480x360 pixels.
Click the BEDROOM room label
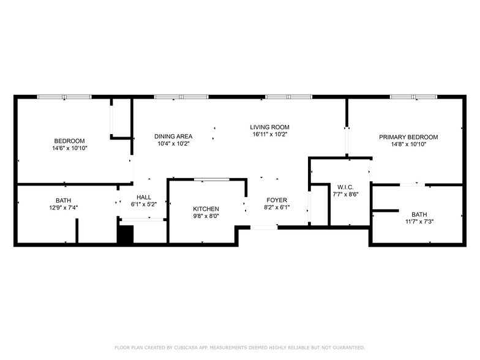[69, 141]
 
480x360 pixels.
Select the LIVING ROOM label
[269, 127]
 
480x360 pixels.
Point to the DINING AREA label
[173, 137]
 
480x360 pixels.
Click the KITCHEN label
[206, 209]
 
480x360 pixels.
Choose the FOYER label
[276, 200]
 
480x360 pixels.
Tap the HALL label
[144, 197]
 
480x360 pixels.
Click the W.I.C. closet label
[346, 187]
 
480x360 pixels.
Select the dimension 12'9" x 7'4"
[62, 208]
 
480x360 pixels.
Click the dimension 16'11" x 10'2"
[269, 134]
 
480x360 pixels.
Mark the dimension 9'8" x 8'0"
[206, 216]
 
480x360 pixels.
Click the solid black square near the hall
[125, 236]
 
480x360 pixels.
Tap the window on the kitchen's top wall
[212, 179]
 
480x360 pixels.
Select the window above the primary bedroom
[413, 97]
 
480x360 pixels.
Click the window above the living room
[288, 97]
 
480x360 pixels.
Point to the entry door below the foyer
[264, 227]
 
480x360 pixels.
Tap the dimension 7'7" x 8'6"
[346, 194]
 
